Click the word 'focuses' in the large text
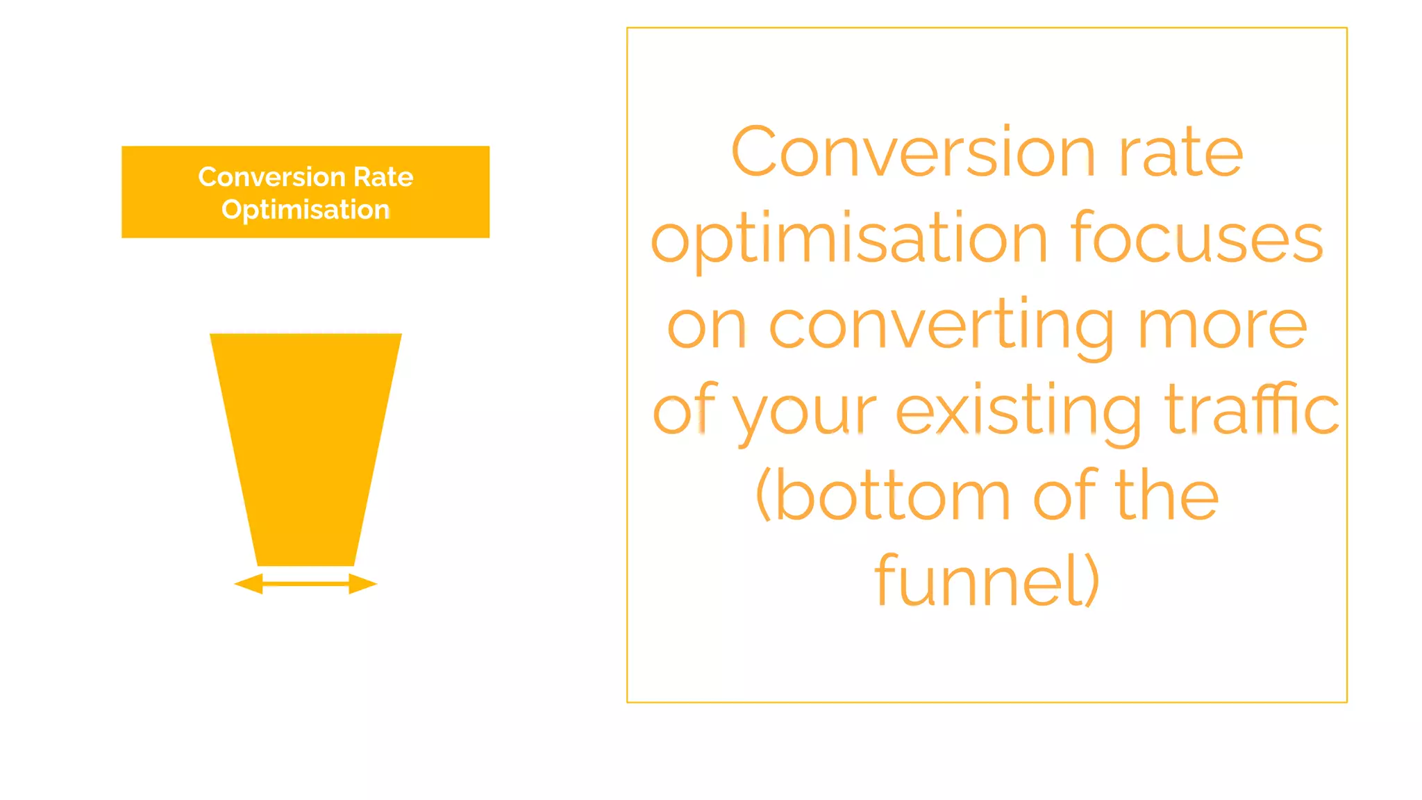(x=1197, y=239)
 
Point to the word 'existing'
(x=1018, y=410)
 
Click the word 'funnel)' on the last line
(x=987, y=581)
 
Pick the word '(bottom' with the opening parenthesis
(x=883, y=496)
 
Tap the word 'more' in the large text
(x=1222, y=325)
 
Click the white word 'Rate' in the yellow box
(x=383, y=177)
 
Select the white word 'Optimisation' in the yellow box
(x=306, y=210)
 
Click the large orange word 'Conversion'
(x=912, y=153)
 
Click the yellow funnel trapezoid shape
(x=306, y=444)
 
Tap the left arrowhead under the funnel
(x=249, y=584)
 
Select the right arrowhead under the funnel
(x=362, y=584)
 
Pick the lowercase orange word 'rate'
(x=1180, y=153)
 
